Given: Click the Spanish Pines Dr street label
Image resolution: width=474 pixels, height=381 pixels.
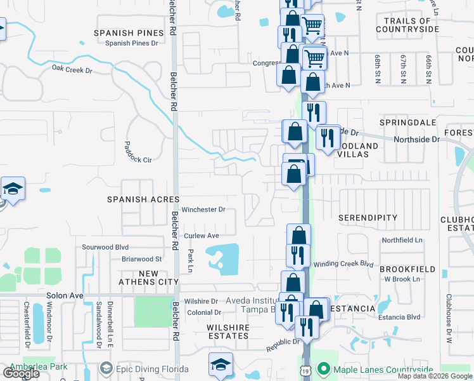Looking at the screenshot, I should pos(131,43).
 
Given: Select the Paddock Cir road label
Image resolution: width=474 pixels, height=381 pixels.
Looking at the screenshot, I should pos(138,152).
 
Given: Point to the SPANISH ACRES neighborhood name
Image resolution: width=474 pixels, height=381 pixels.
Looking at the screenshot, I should pos(143,199).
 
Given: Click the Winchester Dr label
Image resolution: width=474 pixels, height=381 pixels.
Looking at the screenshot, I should pos(203,209).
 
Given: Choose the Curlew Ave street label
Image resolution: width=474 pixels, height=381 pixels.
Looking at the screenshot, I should pos(201,236).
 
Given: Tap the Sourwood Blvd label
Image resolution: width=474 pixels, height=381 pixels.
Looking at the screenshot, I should pos(105,247).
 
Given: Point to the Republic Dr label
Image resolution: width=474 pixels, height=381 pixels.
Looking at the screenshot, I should pos(283,342).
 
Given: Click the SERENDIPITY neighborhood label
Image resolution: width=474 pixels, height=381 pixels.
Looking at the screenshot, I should pos(368,218).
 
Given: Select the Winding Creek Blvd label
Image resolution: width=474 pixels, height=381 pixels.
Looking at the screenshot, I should pos(344,264).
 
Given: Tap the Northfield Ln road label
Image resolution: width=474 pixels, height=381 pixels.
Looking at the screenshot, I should pos(402,240).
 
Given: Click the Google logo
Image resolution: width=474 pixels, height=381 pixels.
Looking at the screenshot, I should pos(22,373).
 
